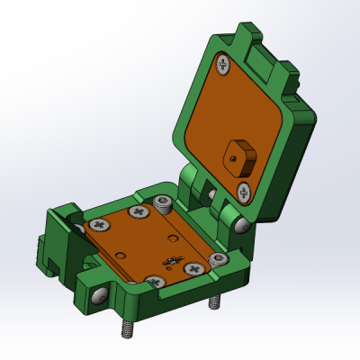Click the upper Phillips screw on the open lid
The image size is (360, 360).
(x=222, y=63)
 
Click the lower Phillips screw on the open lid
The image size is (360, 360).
(x=244, y=191)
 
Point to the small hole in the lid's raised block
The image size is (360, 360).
(x=233, y=155)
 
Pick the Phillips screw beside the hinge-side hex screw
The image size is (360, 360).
(x=139, y=212)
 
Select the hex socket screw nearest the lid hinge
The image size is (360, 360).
(x=163, y=201)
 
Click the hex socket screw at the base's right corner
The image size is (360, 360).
(x=216, y=260)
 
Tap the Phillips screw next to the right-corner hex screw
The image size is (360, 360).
(x=193, y=268)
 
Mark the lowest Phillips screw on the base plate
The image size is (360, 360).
(x=157, y=281)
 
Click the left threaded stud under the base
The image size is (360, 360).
(x=126, y=328)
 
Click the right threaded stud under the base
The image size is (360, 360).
(x=213, y=302)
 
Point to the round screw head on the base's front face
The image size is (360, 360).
(x=100, y=294)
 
